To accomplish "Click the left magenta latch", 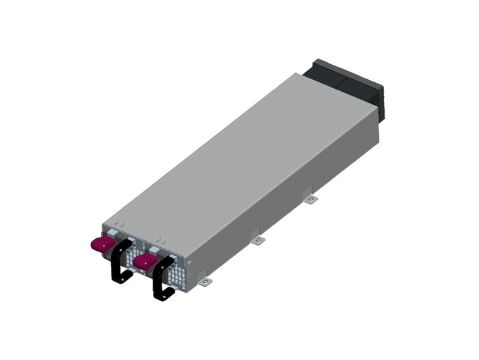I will (x=101, y=244).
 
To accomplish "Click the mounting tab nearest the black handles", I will (x=205, y=281).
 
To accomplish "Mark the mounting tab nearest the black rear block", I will (x=309, y=199).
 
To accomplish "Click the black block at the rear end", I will (x=348, y=87).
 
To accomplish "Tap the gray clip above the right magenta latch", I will (x=155, y=248).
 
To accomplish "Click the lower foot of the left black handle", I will (x=122, y=278).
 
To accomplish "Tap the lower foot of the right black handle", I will (x=164, y=295).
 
